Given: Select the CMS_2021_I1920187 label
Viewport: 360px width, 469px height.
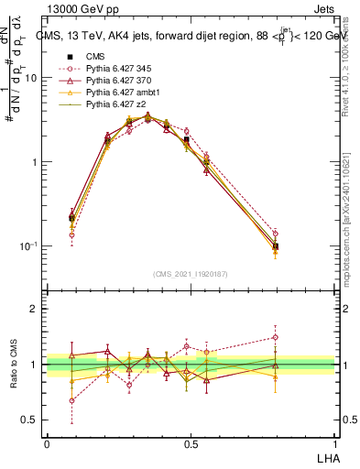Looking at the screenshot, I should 190,273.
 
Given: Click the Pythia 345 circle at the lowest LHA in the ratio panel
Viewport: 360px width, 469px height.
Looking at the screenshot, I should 72,400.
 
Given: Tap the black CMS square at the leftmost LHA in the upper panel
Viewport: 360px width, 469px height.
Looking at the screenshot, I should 72,218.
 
